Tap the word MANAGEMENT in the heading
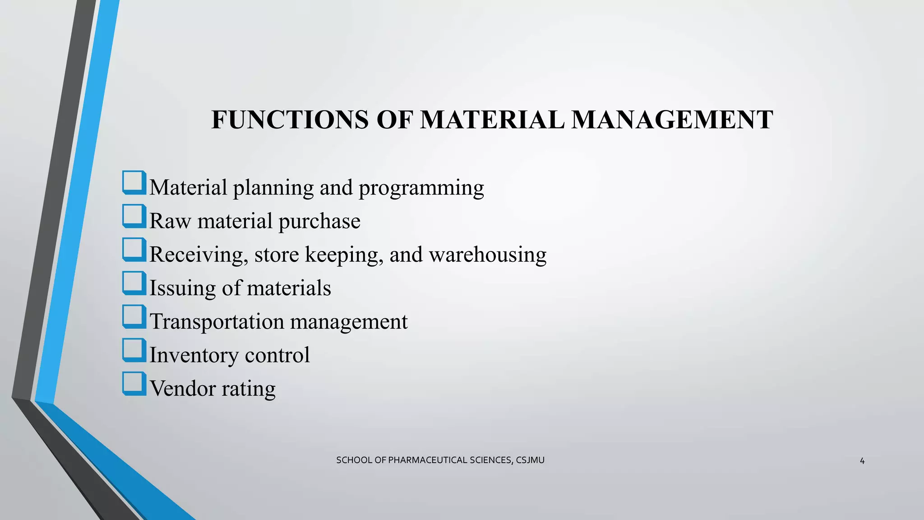pyautogui.click(x=672, y=120)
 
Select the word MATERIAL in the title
pyautogui.click(x=492, y=120)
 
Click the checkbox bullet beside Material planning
pyautogui.click(x=134, y=183)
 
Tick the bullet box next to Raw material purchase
pyautogui.click(x=134, y=216)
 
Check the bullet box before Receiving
pyautogui.click(x=134, y=250)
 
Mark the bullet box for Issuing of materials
pyautogui.click(x=134, y=283)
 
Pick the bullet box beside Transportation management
pyautogui.click(x=134, y=316)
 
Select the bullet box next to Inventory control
pyautogui.click(x=134, y=350)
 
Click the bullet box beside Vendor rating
pyautogui.click(x=134, y=384)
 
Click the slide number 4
pyautogui.click(x=862, y=461)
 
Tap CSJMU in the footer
pyautogui.click(x=530, y=460)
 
